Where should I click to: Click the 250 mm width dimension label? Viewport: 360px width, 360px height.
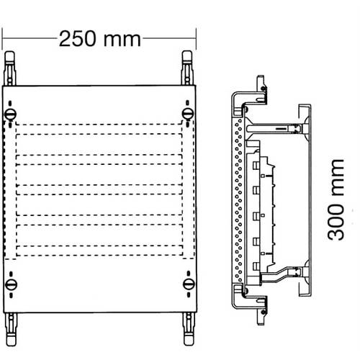tap(99, 39)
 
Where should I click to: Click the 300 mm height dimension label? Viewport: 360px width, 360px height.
tap(336, 199)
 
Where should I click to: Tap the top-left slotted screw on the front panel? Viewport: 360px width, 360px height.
tap(10, 114)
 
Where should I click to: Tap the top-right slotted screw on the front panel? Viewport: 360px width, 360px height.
tap(188, 114)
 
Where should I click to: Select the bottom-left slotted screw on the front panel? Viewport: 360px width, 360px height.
tap(11, 284)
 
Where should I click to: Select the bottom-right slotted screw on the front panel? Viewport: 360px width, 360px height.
tap(189, 284)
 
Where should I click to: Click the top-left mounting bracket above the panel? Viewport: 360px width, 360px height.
tap(10, 68)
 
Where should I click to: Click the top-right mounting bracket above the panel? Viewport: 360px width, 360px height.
tap(187, 68)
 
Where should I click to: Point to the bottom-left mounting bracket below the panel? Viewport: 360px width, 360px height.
tap(11, 329)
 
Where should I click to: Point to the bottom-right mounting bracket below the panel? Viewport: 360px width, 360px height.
tap(189, 329)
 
